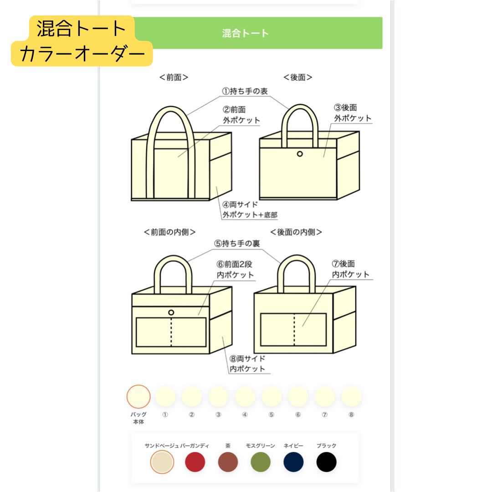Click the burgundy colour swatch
pyautogui.click(x=195, y=462)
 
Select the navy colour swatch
pyautogui.click(x=293, y=462)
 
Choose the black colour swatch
pyautogui.click(x=326, y=462)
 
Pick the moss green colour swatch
pyautogui.click(x=261, y=462)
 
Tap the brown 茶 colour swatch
pyautogui.click(x=228, y=462)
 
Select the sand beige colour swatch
pyautogui.click(x=162, y=462)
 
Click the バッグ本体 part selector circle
pyautogui.click(x=138, y=396)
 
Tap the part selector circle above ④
pyautogui.click(x=245, y=396)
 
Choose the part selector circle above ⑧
pyautogui.click(x=351, y=396)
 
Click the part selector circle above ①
pyautogui.click(x=165, y=396)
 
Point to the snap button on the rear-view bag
pyautogui.click(x=300, y=154)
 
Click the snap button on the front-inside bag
pyautogui.click(x=171, y=313)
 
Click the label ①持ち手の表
pyautogui.click(x=245, y=91)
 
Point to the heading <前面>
pyautogui.click(x=174, y=77)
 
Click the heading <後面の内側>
pyautogui.click(x=296, y=232)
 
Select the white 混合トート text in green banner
pyautogui.click(x=246, y=33)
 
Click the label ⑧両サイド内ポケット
pyautogui.click(x=247, y=364)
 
